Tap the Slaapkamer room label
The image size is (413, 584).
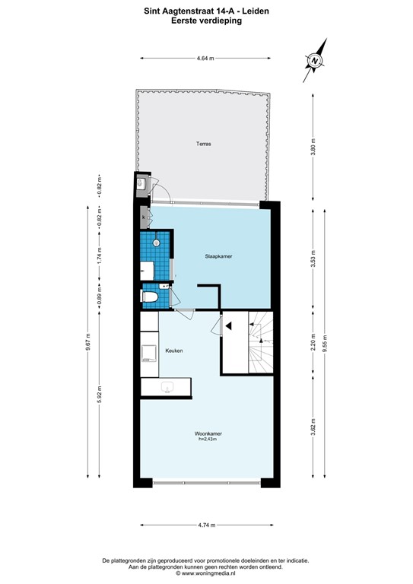click(x=218, y=257)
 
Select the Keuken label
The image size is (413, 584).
click(x=175, y=351)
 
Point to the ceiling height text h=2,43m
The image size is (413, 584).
click(x=207, y=440)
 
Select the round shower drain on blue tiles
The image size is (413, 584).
click(x=157, y=243)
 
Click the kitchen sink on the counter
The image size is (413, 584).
click(x=168, y=389)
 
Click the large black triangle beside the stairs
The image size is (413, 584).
click(x=227, y=325)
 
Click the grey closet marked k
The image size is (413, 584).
click(x=143, y=219)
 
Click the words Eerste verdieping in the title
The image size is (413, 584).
click(x=206, y=22)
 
